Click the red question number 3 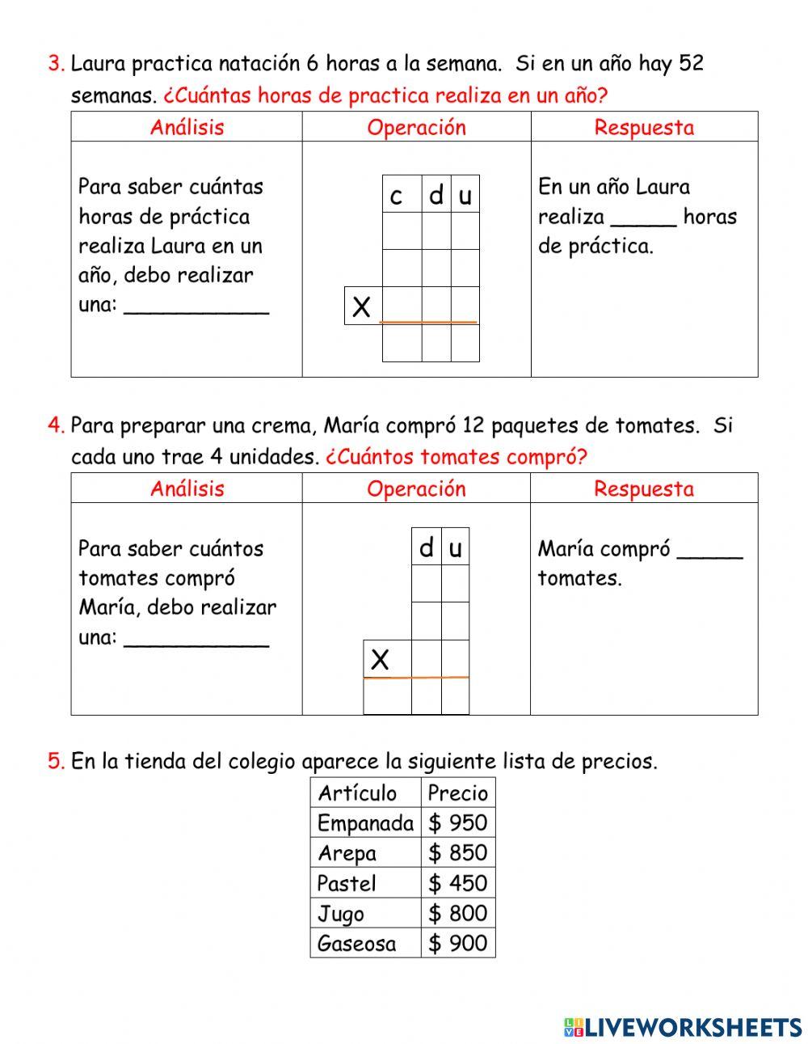56,64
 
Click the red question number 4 56,425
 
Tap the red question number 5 56,761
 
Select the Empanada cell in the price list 365,823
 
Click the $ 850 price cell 458,853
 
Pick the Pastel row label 347,883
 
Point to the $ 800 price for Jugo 458,913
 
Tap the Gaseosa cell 356,943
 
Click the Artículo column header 357,793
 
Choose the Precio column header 458,793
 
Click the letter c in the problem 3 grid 396,196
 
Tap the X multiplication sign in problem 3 362,307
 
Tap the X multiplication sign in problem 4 380,660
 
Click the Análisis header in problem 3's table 187,127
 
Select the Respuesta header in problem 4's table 643,488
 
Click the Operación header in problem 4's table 416,488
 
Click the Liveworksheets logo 683,1027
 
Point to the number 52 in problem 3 692,64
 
